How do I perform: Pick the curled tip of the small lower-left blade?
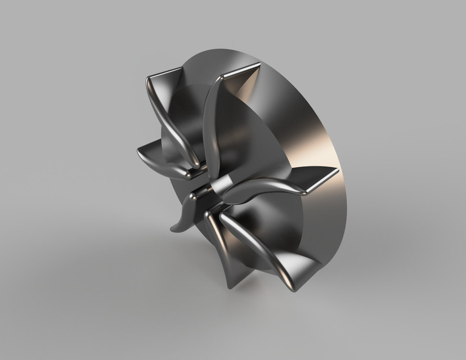[173, 229]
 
